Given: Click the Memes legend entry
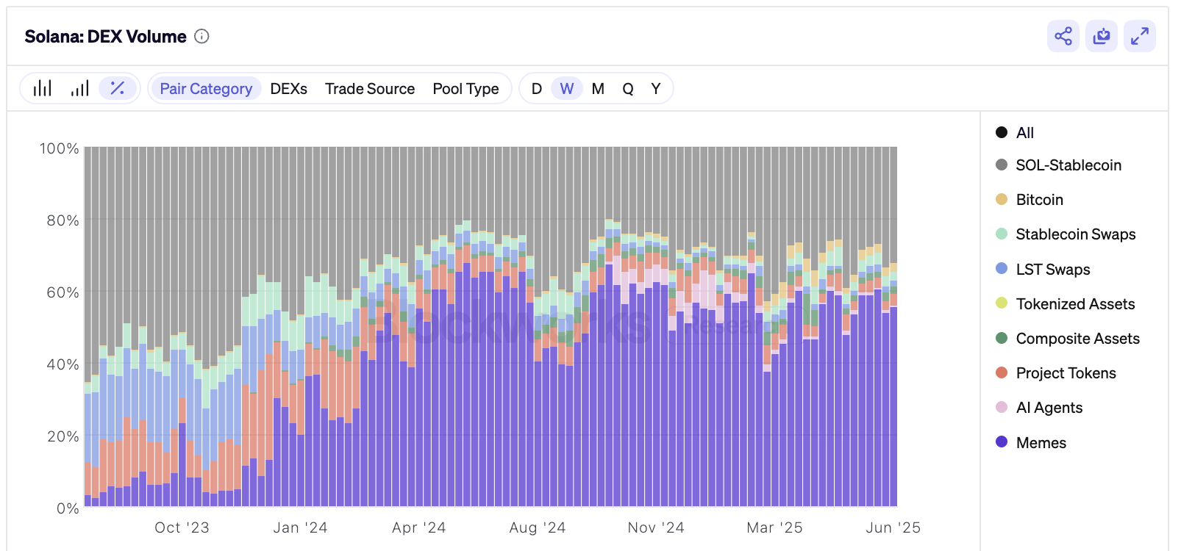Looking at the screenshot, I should tap(1040, 442).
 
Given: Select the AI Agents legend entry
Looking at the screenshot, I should tap(1048, 408).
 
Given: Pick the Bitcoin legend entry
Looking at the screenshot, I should tap(1038, 200).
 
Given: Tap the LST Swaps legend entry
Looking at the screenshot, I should tap(1052, 270).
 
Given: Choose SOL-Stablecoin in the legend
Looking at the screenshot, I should tap(1067, 165).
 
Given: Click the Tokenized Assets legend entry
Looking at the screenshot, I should tap(1074, 304).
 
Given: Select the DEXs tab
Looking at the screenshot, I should tap(288, 89).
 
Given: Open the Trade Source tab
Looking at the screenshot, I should tap(370, 89).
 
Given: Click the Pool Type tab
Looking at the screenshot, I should tap(465, 89).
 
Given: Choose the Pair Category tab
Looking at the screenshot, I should tap(206, 89).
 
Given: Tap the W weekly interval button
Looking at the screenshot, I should tap(566, 89).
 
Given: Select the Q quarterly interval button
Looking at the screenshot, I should tap(627, 89).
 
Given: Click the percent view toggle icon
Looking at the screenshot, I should tap(117, 88).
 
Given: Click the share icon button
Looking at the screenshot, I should tap(1063, 36).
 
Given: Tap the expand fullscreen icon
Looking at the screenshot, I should tap(1139, 36).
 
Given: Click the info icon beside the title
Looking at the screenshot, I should tap(201, 36).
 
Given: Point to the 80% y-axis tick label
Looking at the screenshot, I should tap(63, 220).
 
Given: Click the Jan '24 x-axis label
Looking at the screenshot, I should tap(300, 527).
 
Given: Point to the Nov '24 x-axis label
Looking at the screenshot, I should tap(655, 527).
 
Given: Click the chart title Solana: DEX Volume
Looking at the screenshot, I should tap(105, 37).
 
